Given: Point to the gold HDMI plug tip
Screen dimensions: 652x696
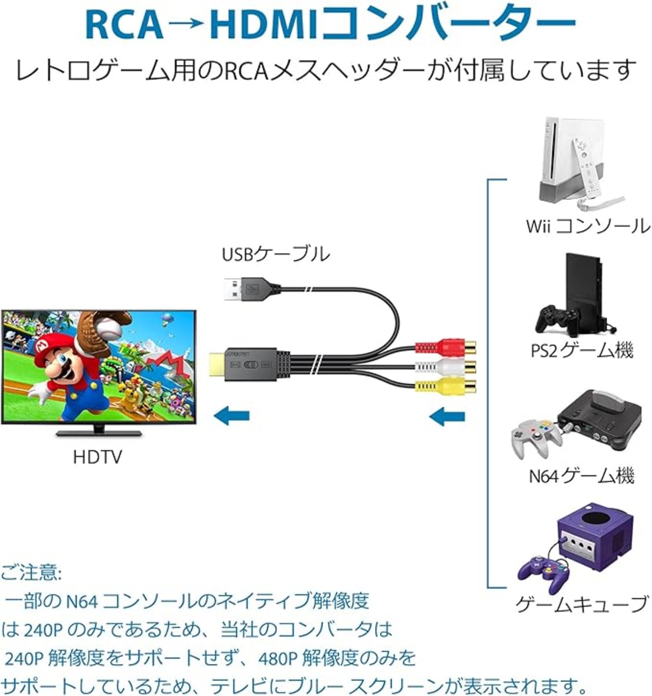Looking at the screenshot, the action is click(x=219, y=365).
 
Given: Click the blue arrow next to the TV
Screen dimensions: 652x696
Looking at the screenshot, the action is click(x=231, y=415).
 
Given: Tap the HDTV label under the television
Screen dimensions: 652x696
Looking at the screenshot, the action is click(x=97, y=457).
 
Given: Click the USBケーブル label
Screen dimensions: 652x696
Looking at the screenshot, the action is click(x=276, y=254).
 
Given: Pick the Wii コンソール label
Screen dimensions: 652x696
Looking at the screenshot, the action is click(x=587, y=226).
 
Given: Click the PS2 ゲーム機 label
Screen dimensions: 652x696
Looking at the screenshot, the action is click(x=582, y=350).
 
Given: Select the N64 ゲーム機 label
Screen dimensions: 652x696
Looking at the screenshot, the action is click(x=581, y=476).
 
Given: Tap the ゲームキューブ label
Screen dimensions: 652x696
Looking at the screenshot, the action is click(x=581, y=604).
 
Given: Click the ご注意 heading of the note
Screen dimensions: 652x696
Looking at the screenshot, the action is click(x=31, y=572).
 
